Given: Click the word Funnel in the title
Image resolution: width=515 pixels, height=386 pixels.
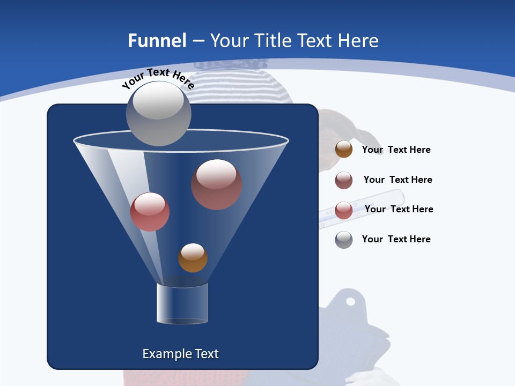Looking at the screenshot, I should [157, 41].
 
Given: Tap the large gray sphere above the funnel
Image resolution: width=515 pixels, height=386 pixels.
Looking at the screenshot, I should [158, 113].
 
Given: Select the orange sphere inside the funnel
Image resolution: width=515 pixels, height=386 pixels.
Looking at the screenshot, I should [193, 258].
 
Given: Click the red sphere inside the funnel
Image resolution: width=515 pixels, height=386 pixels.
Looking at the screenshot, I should [150, 212].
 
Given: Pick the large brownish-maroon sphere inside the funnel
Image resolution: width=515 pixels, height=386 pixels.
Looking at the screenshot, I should [216, 184].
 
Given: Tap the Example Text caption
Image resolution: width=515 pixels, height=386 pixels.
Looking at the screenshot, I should [180, 354].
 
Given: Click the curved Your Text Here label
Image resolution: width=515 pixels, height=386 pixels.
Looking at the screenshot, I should [158, 78].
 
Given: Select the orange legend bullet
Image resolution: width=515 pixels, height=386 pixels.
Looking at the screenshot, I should [344, 150].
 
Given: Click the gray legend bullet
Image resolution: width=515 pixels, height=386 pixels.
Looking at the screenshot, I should [344, 240].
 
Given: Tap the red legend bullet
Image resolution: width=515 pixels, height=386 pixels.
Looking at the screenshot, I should [344, 210].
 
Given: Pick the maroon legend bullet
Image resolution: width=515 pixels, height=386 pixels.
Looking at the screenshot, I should [344, 180].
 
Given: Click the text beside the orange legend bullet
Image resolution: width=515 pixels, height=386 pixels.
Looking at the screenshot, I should [396, 150].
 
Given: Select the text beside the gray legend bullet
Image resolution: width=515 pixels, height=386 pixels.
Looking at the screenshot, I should [396, 239].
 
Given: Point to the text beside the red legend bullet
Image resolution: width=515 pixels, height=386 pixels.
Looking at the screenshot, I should [399, 209].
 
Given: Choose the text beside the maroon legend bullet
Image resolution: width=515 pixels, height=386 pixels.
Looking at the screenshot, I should [398, 180].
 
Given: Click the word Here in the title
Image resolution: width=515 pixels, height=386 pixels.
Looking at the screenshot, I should [359, 41].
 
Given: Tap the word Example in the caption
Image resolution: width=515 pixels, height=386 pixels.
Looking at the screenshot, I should [163, 354].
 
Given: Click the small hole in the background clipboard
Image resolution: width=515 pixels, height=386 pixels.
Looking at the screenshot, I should [350, 301].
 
